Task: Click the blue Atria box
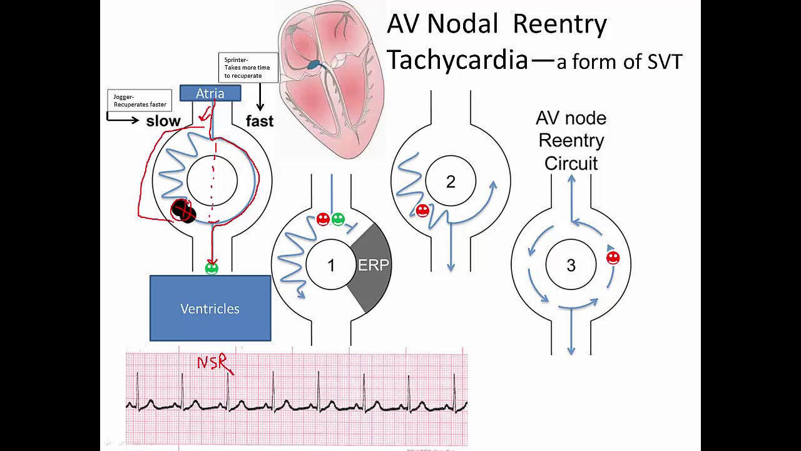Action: pyautogui.click(x=210, y=93)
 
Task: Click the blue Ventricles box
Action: pyautogui.click(x=210, y=308)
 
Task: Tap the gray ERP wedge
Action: pyautogui.click(x=373, y=266)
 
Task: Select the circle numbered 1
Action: pyautogui.click(x=331, y=266)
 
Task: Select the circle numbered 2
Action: pyautogui.click(x=451, y=182)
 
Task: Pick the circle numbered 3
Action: pyautogui.click(x=571, y=266)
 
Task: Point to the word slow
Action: pyautogui.click(x=163, y=122)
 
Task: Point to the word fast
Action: pyautogui.click(x=260, y=122)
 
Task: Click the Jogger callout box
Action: pyautogui.click(x=140, y=100)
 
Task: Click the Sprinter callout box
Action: pyautogui.click(x=248, y=68)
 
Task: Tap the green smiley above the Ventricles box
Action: pyautogui.click(x=212, y=269)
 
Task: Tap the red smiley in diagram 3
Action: pyautogui.click(x=613, y=257)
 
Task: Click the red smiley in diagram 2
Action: pyautogui.click(x=422, y=211)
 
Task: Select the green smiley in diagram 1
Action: pyautogui.click(x=338, y=219)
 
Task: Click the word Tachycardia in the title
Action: pyautogui.click(x=457, y=60)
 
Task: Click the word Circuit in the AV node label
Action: pyautogui.click(x=571, y=163)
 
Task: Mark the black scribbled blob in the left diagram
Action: pyautogui.click(x=183, y=211)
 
